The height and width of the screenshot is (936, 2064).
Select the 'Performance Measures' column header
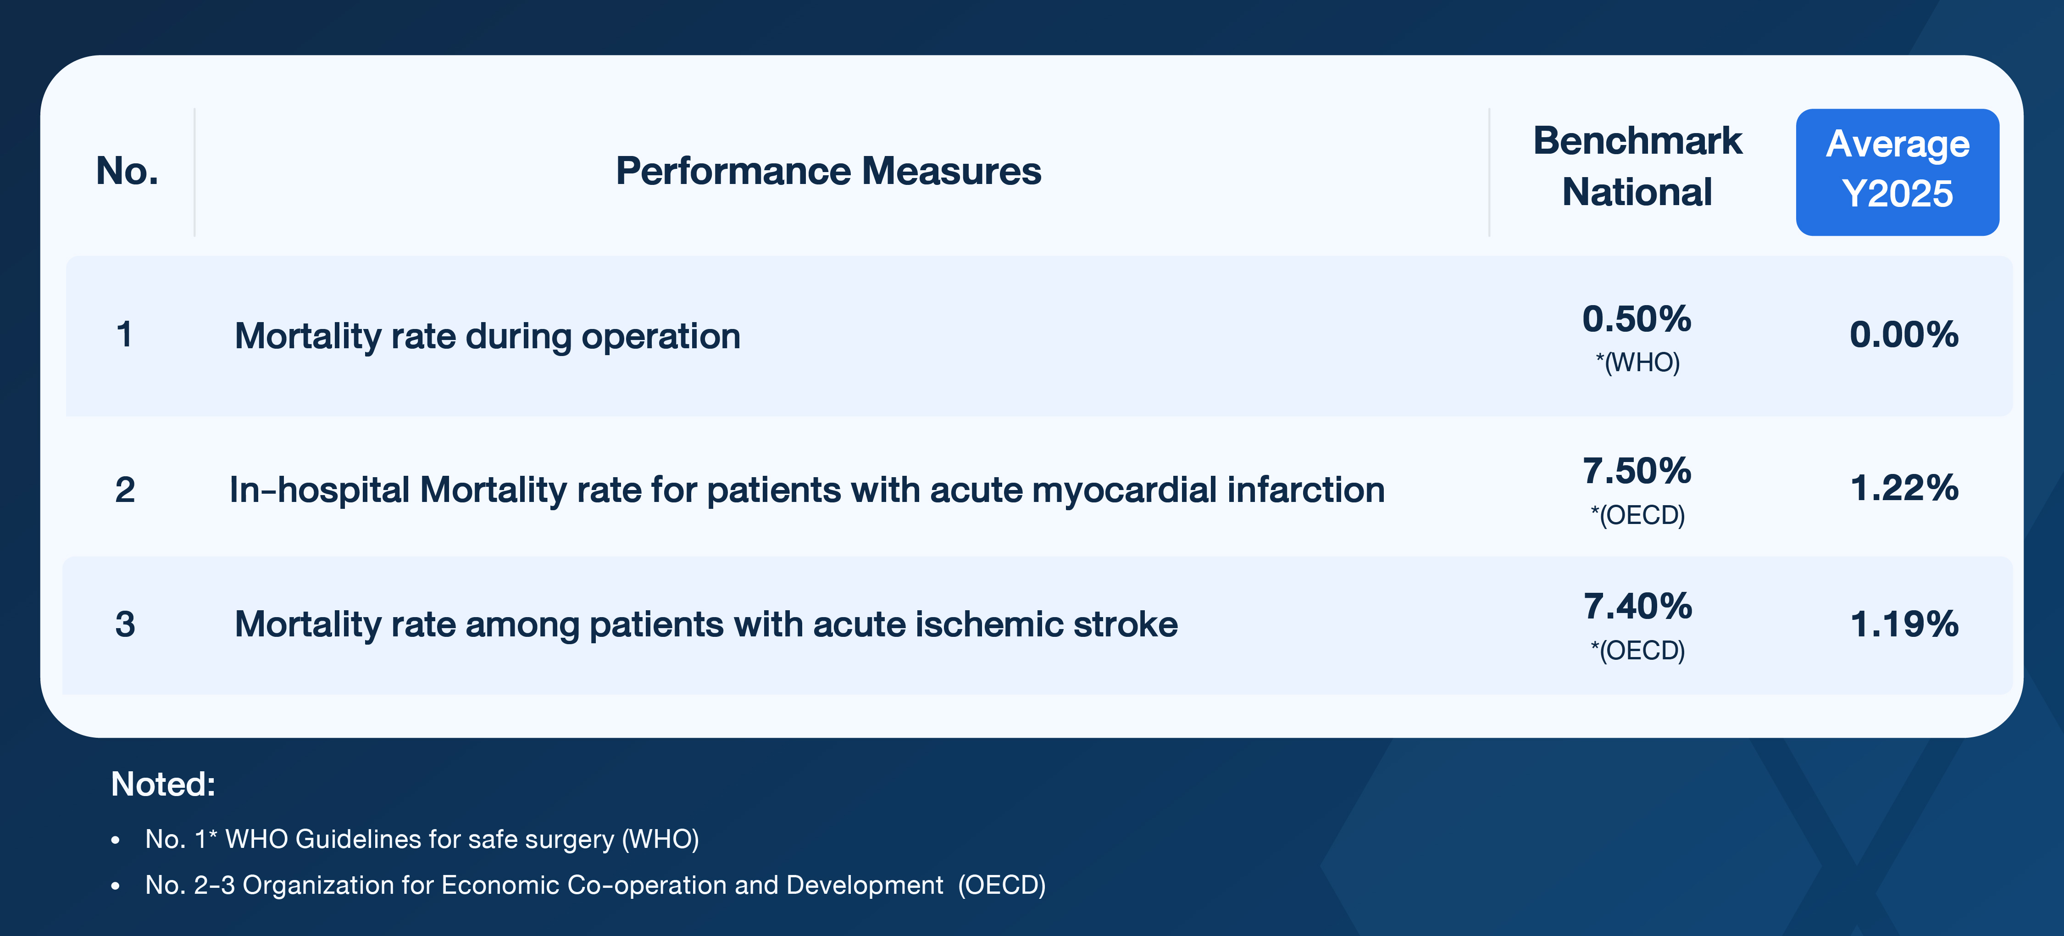(x=828, y=171)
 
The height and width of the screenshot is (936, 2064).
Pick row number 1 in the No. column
(x=124, y=334)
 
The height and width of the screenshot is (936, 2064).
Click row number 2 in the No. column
(x=125, y=490)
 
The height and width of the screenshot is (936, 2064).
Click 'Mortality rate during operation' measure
(x=487, y=336)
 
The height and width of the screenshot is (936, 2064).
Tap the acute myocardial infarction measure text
(x=807, y=490)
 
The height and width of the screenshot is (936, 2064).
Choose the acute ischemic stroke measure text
(x=706, y=624)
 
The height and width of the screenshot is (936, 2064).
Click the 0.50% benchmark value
(x=1637, y=319)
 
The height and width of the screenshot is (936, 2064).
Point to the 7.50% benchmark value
(x=1637, y=470)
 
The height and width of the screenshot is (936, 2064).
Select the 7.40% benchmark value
(x=1638, y=606)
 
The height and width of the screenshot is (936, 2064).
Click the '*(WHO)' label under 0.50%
(x=1638, y=362)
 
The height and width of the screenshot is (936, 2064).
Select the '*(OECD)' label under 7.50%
(x=1638, y=514)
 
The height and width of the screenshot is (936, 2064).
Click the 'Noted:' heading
(x=163, y=784)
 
